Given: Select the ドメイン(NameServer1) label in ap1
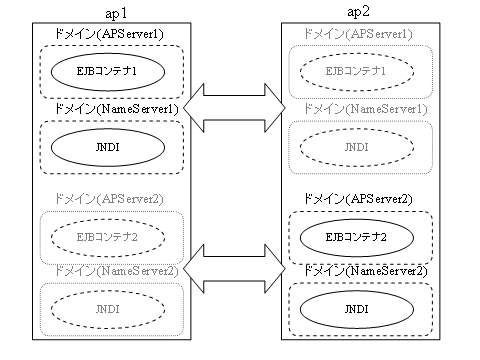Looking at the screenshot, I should (113, 108).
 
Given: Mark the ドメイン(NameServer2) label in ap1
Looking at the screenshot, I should (113, 271).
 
